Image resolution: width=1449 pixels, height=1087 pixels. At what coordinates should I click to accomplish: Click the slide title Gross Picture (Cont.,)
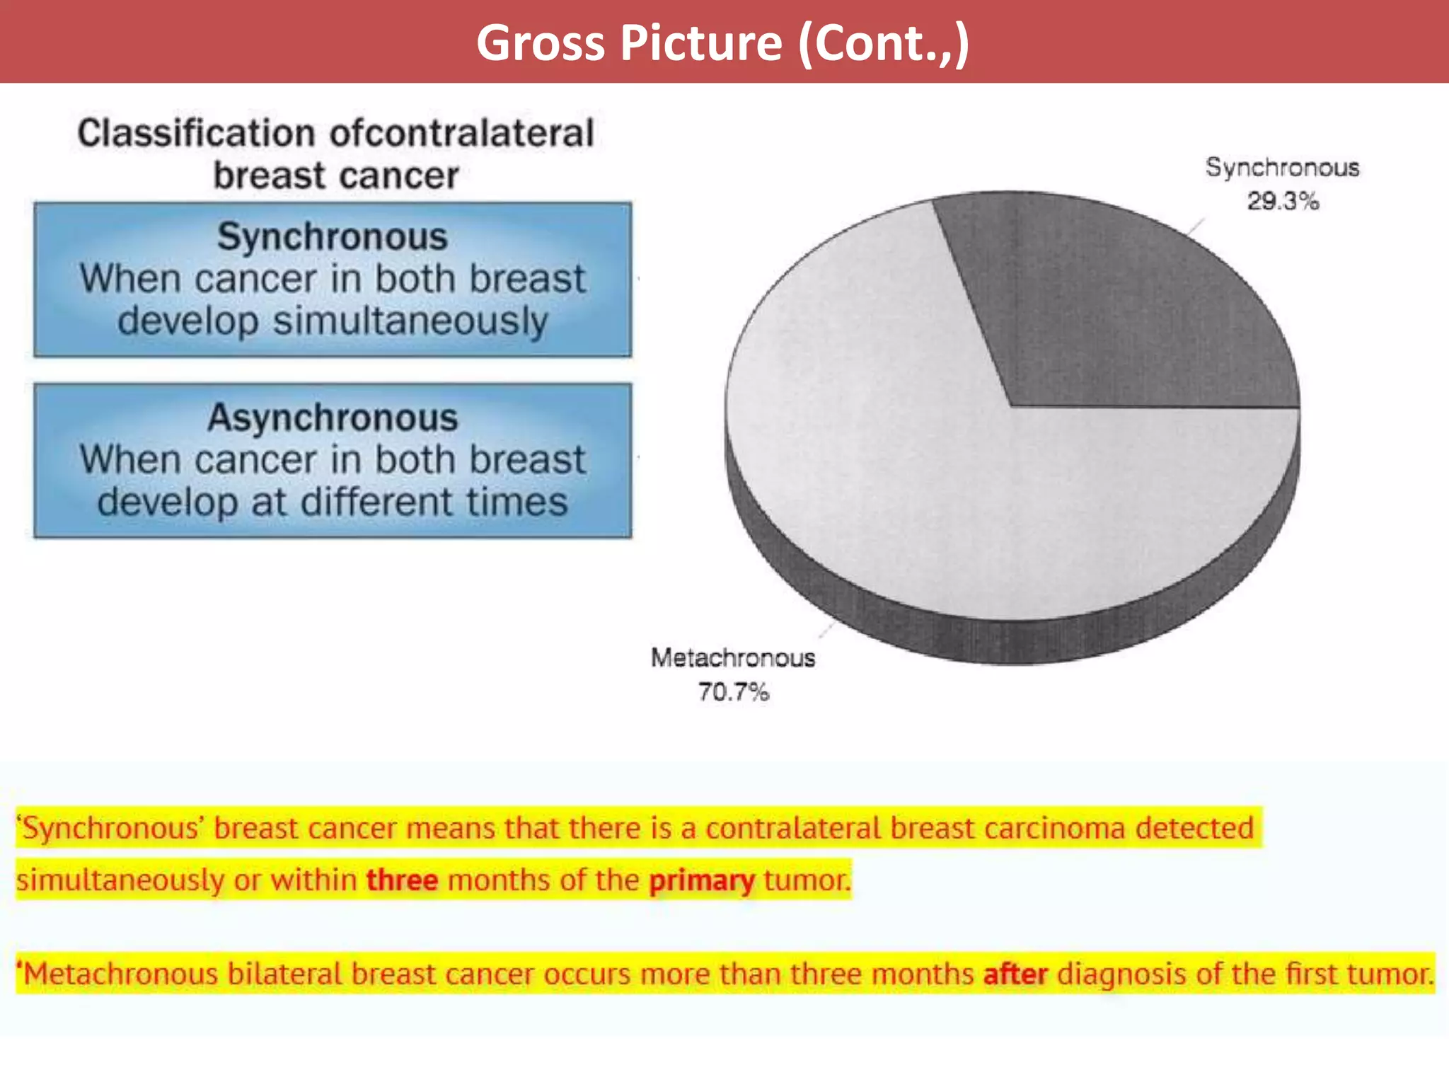722,42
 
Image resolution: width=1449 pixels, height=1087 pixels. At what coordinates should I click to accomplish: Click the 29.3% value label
1283,202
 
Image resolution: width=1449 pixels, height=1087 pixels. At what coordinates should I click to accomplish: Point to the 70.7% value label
733,691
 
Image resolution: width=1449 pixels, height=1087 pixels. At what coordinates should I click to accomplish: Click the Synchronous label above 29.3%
1282,168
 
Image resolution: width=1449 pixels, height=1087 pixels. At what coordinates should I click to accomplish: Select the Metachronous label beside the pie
733,658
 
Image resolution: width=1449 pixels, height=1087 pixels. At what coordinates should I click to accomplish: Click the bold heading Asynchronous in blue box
333,418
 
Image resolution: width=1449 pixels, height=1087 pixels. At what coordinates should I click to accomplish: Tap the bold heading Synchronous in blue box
333,236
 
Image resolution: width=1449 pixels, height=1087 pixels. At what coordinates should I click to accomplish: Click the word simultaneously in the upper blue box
410,322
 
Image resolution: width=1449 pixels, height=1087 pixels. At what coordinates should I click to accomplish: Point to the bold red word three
402,880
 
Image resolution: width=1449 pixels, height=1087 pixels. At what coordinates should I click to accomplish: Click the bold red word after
1015,974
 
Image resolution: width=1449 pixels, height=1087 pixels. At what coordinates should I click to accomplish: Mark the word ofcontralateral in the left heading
462,134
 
